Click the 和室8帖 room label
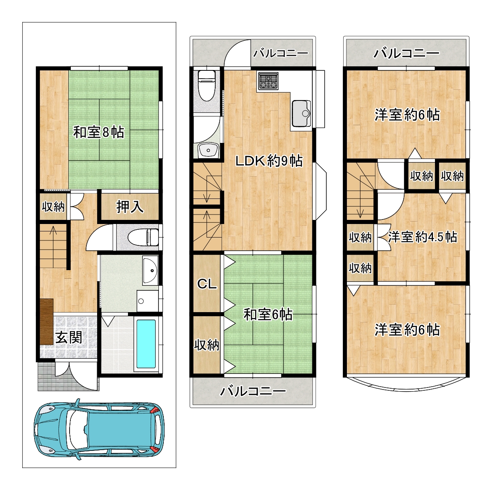(98, 133)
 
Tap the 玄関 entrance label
(69, 338)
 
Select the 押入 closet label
(130, 207)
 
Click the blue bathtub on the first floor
(146, 344)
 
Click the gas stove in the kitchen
(268, 81)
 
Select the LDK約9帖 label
(269, 161)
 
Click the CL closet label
(207, 284)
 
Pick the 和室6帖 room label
(268, 315)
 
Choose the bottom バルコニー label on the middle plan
(253, 391)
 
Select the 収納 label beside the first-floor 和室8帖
(53, 207)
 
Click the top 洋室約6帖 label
(407, 115)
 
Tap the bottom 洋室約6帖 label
(407, 330)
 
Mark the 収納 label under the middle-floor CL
(207, 345)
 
